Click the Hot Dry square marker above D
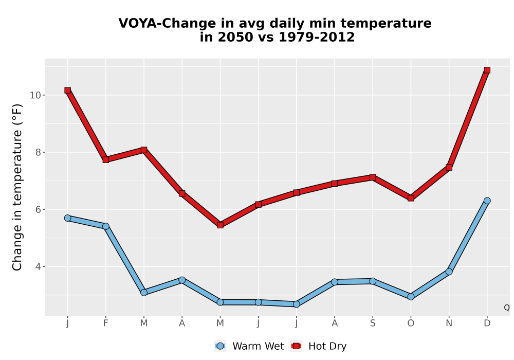[x=487, y=70]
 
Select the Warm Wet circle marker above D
[x=487, y=201]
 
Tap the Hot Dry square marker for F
[x=105, y=159]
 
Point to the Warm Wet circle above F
[x=105, y=226]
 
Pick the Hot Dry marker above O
[x=411, y=198]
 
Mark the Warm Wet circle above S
[x=373, y=281]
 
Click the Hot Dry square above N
[x=449, y=168]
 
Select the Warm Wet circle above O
[x=411, y=297]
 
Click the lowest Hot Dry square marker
[x=220, y=225]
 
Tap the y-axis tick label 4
[x=38, y=266]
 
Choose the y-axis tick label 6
[x=38, y=209]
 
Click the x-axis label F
[x=105, y=323]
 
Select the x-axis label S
[x=373, y=323]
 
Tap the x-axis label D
[x=487, y=323]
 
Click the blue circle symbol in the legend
[x=220, y=346]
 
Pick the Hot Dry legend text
[x=327, y=346]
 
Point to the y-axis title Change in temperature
[x=17, y=187]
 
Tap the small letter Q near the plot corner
[x=507, y=308]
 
